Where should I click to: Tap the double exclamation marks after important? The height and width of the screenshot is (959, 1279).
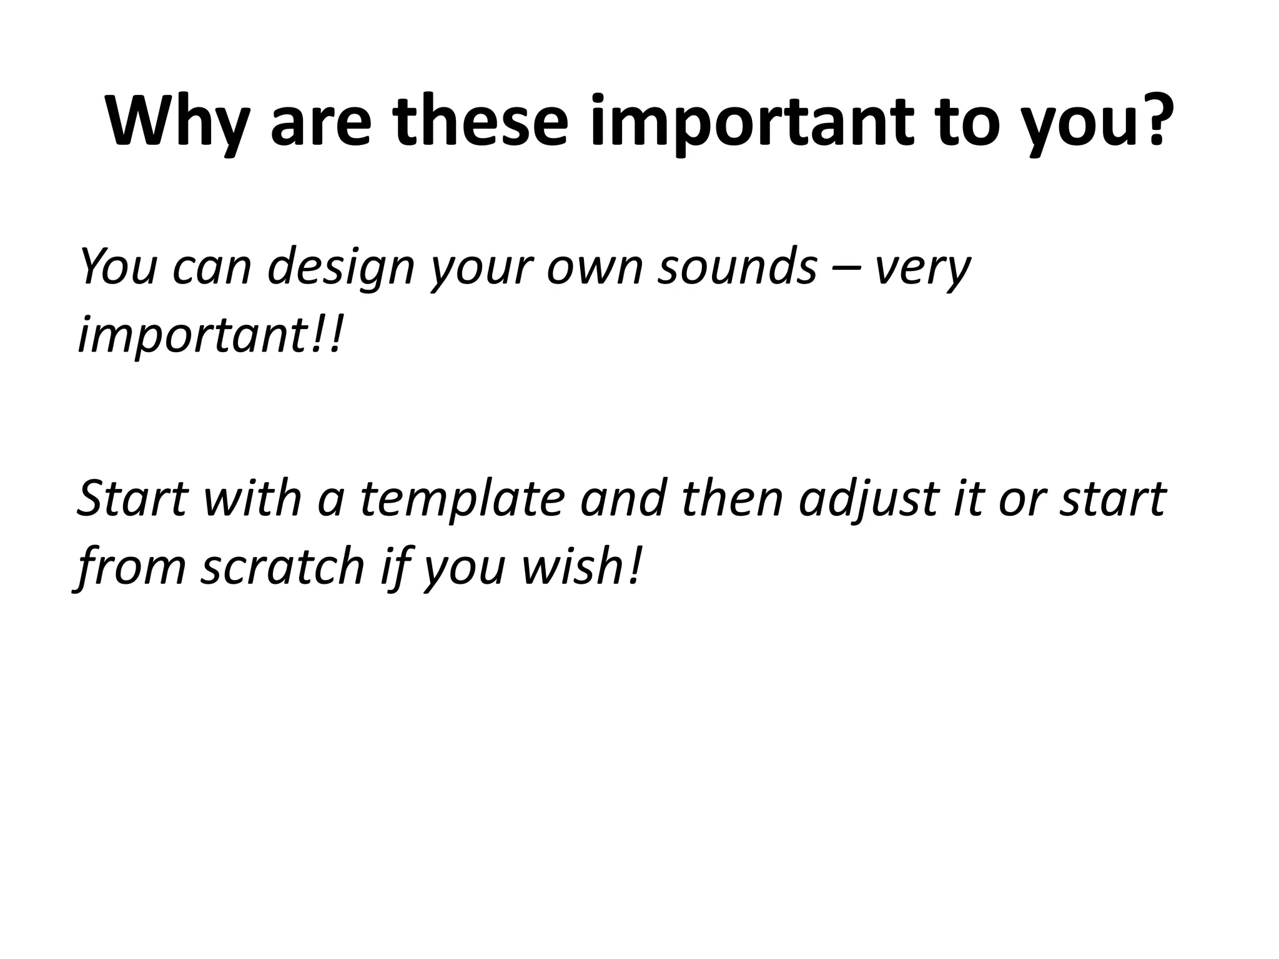pyautogui.click(x=328, y=334)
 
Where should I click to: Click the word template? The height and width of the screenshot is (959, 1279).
pyautogui.click(x=463, y=499)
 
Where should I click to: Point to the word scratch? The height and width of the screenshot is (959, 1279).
pyautogui.click(x=283, y=566)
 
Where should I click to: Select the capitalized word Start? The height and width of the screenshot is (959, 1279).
pyautogui.click(x=132, y=499)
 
